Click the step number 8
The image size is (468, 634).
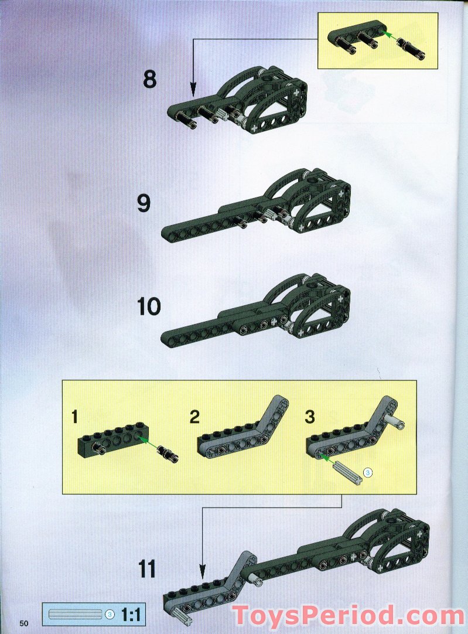149,79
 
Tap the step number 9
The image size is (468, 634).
144,203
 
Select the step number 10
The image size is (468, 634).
149,306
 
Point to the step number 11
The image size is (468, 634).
147,570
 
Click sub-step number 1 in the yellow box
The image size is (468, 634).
74,417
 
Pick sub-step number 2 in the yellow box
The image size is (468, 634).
195,417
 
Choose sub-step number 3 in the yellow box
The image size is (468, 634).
310,417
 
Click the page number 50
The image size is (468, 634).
24,623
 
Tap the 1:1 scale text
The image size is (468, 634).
130,615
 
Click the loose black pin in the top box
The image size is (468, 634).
411,47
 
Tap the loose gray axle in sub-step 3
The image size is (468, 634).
347,472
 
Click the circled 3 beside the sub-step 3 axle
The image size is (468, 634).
367,472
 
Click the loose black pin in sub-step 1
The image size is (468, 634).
168,455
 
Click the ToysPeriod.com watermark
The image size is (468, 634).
348,616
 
